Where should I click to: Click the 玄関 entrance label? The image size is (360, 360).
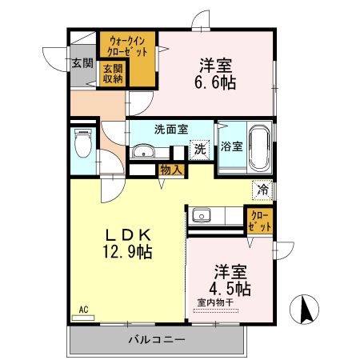coord(82,62)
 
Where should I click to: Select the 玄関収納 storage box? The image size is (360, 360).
coord(111,73)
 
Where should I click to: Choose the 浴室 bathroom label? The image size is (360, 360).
coord(231,147)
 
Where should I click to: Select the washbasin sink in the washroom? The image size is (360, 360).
coord(144,151)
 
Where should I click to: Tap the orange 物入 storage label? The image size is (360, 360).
coord(170,169)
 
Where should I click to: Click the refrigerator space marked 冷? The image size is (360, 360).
coord(262,190)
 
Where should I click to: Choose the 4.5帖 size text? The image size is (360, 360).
coord(232,287)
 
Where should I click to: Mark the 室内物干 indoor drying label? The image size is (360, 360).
coord(215,302)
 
